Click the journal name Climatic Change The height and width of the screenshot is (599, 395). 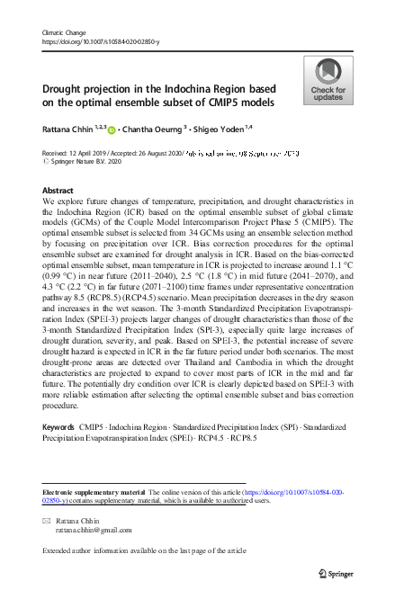pos(62,33)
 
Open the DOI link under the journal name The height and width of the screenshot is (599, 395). pos(102,41)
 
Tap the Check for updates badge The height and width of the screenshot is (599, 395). pos(328,81)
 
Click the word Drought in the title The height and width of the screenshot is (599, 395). pos(67,90)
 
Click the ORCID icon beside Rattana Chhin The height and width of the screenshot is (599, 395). pos(112,130)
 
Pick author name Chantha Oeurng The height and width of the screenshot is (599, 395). pos(151,130)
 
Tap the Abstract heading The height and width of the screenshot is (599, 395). pos(59,191)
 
